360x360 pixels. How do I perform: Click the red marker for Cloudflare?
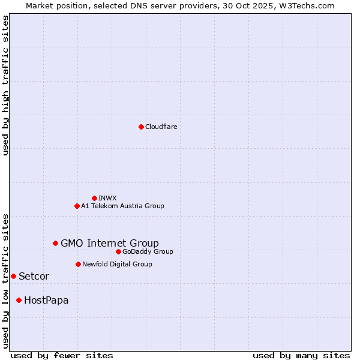coord(141,127)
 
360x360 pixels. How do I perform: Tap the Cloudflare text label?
coord(161,127)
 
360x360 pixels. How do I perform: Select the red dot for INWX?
coord(94,198)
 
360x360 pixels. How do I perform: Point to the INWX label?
coord(107,198)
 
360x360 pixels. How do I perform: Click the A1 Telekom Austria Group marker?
coord(77,206)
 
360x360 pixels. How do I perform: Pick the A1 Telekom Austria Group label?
coord(122,206)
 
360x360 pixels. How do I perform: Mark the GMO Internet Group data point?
coord(55,243)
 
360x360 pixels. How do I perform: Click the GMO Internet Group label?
coord(110,243)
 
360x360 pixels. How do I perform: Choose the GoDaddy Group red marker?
coord(118,251)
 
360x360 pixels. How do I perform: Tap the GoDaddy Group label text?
coord(148,251)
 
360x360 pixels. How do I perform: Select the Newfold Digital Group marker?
coord(78,264)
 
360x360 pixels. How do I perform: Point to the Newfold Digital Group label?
coord(117,264)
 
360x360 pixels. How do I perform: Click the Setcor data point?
coord(13,276)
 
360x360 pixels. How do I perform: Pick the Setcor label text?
coord(34,276)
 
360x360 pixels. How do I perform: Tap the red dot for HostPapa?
coord(19,300)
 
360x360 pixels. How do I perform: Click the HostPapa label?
coord(46,300)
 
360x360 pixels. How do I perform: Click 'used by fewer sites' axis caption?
coord(62,355)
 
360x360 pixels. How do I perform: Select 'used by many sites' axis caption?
coord(301,355)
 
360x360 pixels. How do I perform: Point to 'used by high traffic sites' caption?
coord(6,85)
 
